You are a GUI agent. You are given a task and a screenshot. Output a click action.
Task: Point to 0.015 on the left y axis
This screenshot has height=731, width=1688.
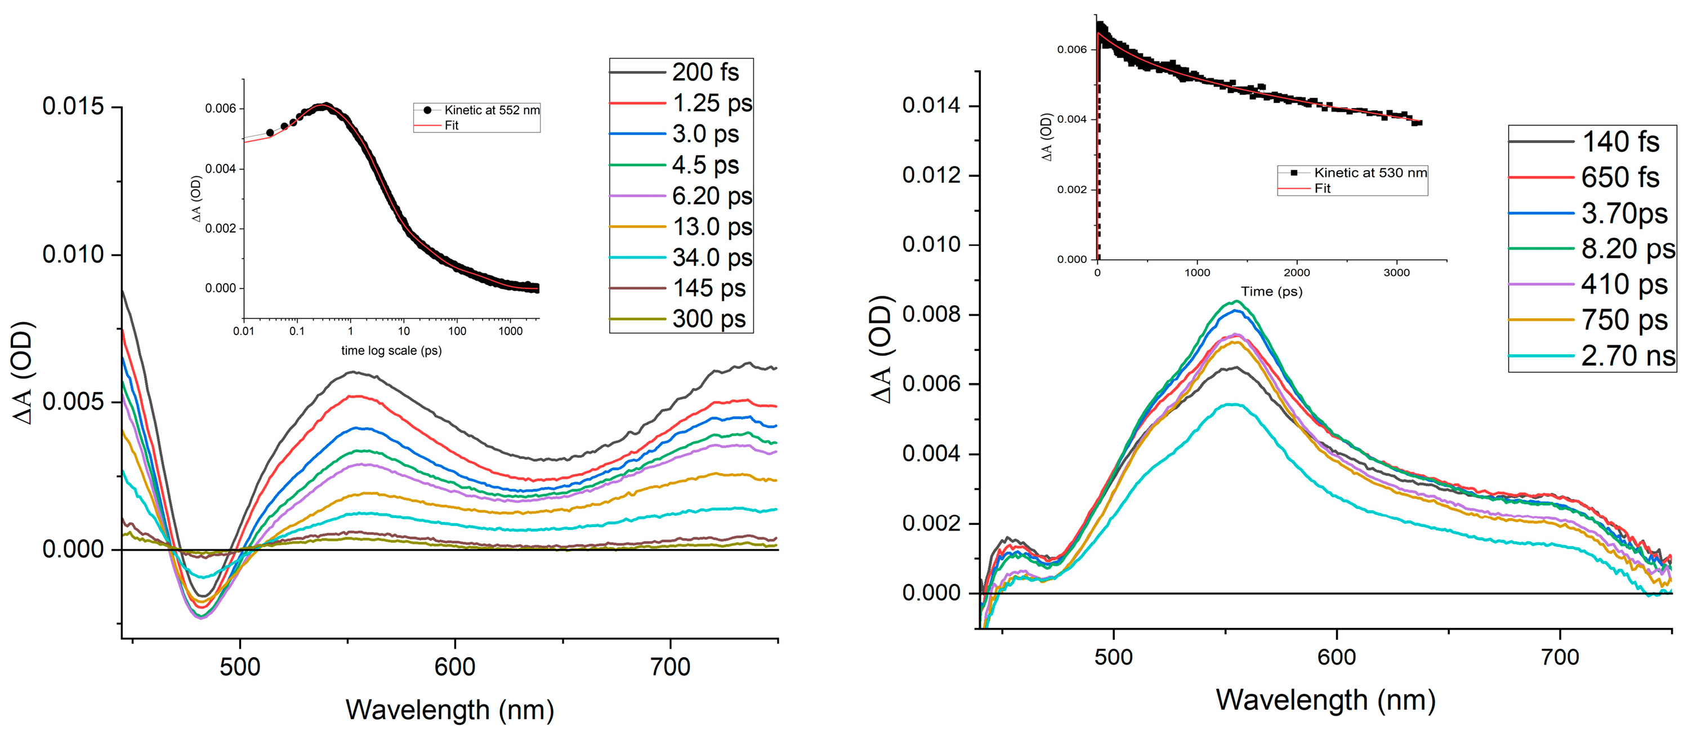73,106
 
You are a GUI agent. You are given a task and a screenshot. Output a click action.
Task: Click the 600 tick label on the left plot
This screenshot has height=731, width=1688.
455,667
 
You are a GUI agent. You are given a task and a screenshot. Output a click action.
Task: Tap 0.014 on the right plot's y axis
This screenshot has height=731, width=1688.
931,105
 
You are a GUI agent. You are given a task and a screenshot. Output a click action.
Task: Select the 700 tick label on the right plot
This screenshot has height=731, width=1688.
1560,657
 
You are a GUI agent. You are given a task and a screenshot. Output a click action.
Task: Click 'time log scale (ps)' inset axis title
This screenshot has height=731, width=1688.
391,351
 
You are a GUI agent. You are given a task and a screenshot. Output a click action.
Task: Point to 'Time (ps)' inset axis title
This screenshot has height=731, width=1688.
1271,291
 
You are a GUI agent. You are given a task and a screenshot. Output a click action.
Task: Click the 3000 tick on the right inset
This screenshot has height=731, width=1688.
1396,273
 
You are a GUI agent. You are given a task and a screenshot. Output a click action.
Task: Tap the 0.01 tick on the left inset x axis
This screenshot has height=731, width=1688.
244,331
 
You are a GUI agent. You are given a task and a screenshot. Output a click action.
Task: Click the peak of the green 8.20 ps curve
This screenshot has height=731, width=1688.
1236,301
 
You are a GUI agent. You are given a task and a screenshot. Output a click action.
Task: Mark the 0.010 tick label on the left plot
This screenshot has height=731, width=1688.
73,255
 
